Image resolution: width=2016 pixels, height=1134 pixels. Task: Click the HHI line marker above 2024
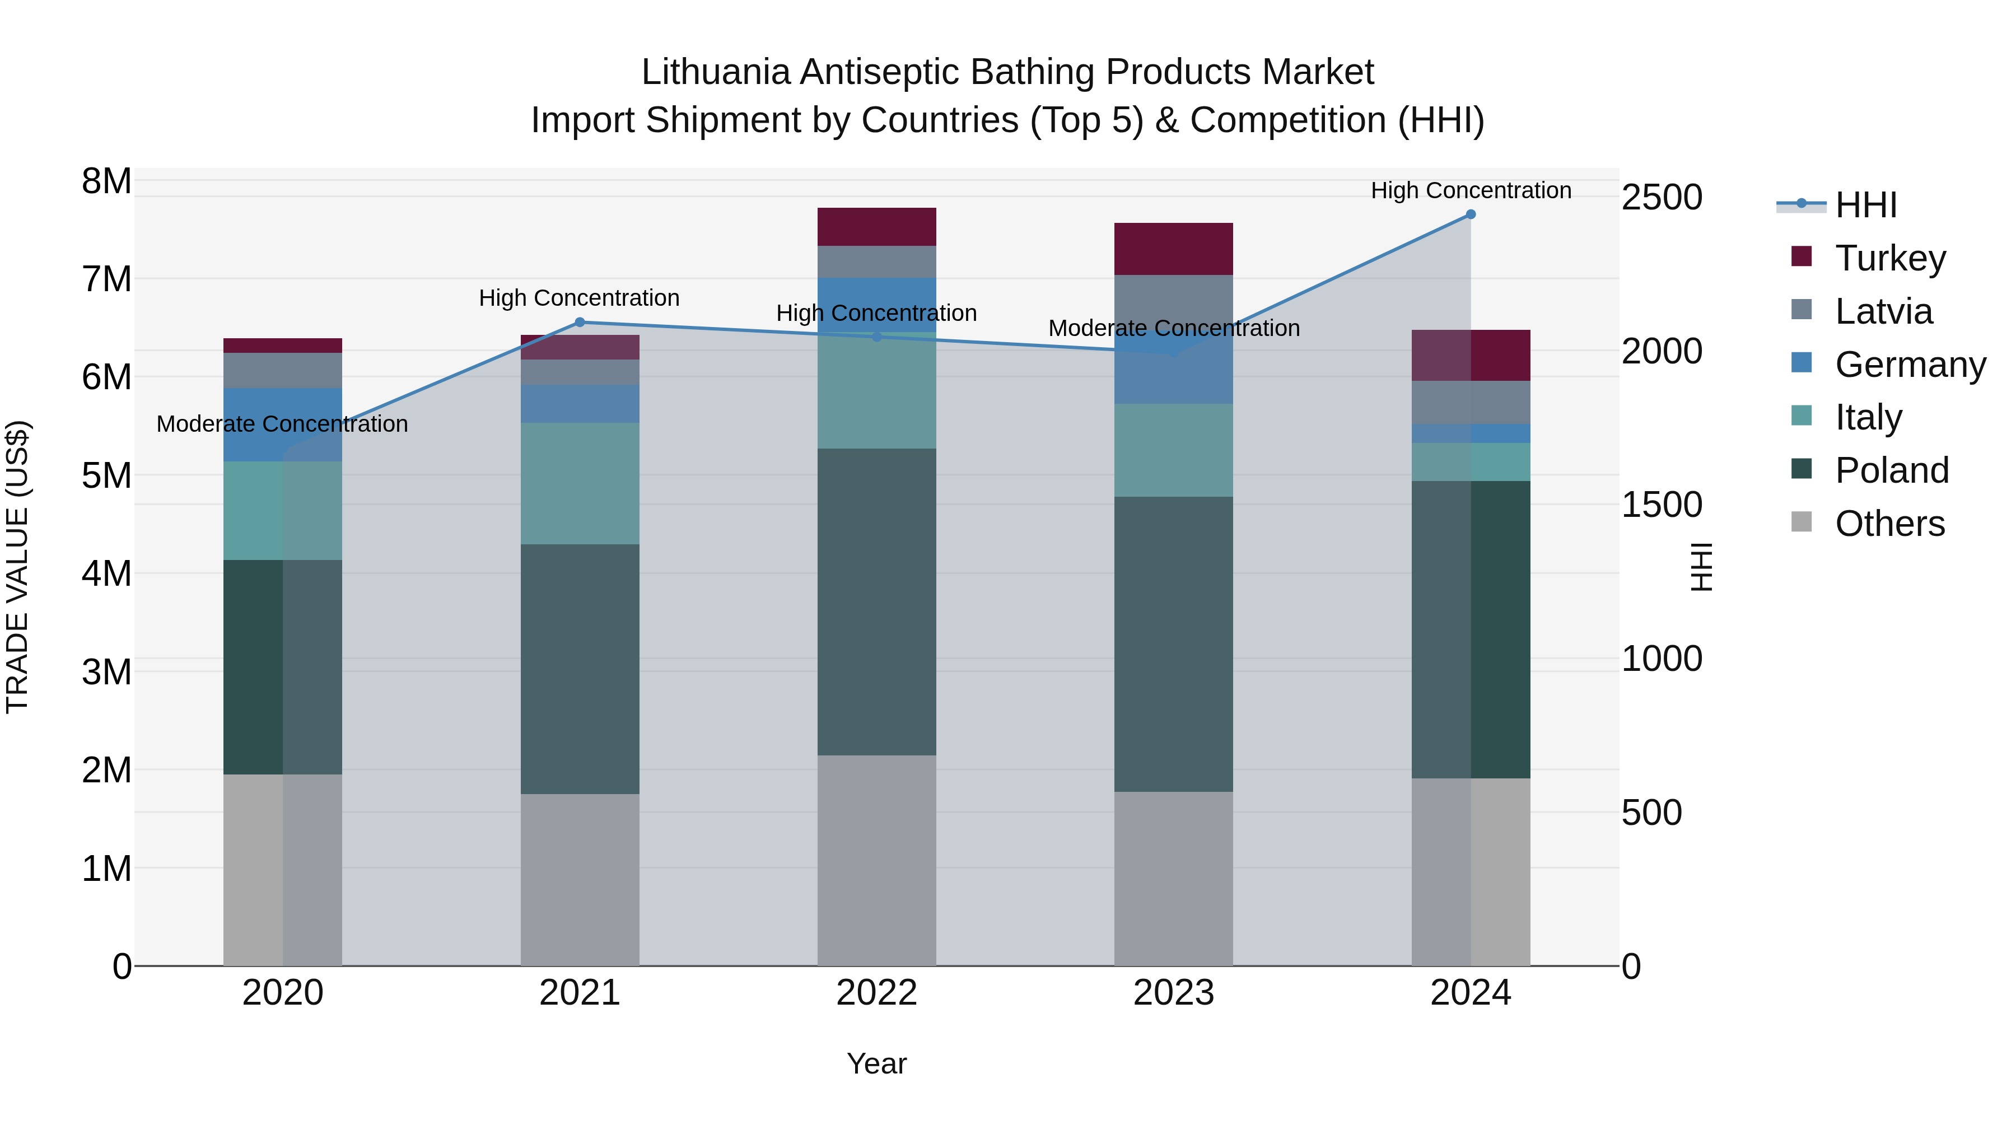pos(1471,214)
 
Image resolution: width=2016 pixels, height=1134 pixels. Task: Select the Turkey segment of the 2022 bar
pos(876,227)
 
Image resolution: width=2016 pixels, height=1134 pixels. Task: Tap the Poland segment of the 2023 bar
pos(1173,643)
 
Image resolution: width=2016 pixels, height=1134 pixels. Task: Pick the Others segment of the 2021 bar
pos(580,880)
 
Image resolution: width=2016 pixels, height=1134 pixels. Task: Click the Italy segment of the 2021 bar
pos(580,484)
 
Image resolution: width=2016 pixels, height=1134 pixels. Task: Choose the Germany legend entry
pos(1910,365)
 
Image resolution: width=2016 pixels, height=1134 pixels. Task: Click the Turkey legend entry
pos(1890,258)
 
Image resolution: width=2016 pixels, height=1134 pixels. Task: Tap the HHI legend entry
pos(1866,205)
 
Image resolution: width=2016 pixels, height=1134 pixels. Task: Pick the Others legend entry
pos(1889,524)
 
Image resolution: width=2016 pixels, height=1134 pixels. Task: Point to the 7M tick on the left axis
pos(107,279)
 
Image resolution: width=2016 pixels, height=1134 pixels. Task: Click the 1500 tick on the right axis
pos(1662,505)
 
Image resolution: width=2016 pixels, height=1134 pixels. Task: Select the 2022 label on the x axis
pos(876,993)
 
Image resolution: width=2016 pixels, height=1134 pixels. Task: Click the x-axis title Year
pos(876,1063)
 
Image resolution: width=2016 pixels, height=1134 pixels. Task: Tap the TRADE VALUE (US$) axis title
pos(17,567)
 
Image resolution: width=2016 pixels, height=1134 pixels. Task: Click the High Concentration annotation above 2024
pos(1471,190)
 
